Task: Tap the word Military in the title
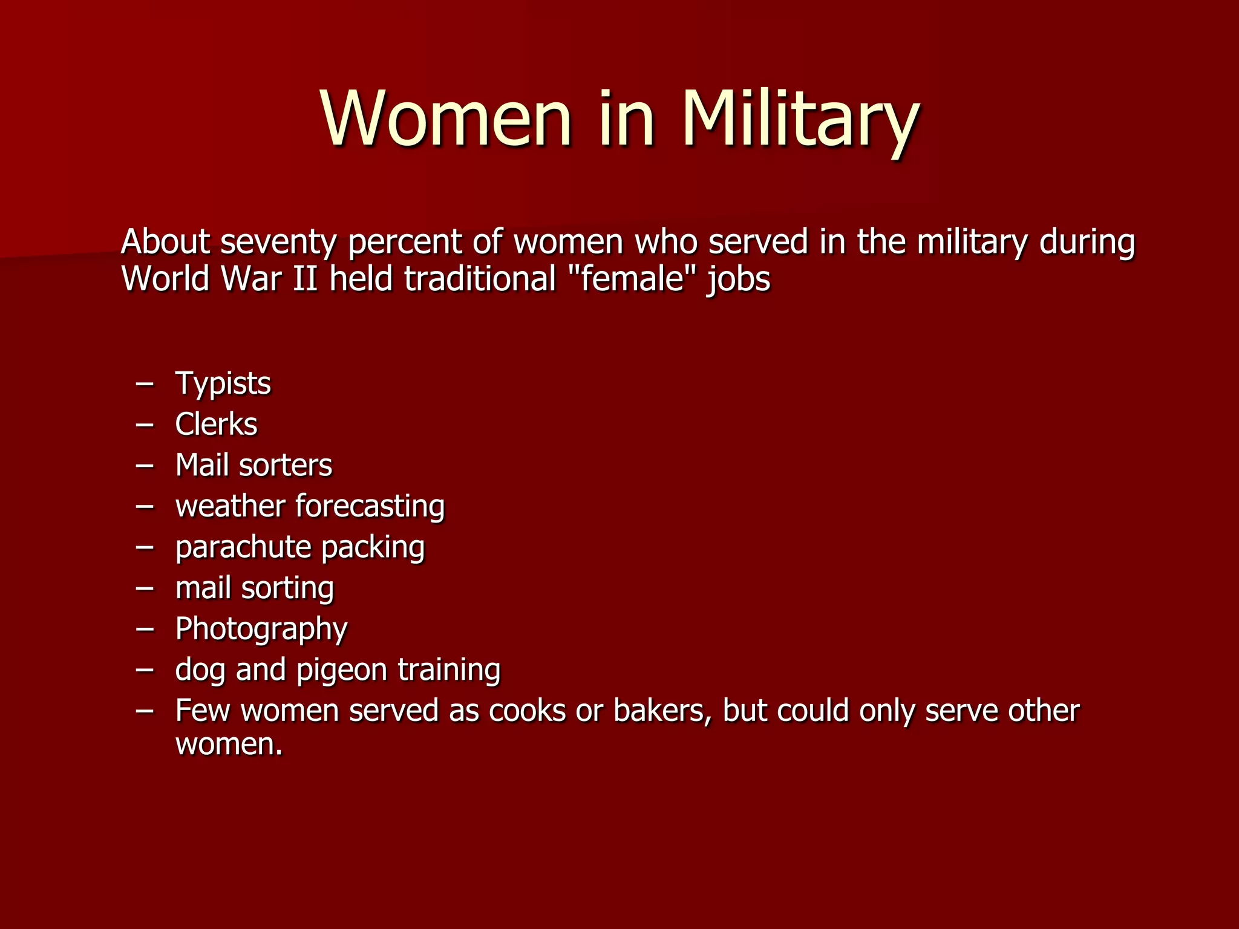[800, 120]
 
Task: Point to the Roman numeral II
[305, 279]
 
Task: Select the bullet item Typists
[223, 384]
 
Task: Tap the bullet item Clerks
[216, 424]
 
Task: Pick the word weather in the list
[230, 506]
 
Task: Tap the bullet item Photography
[261, 630]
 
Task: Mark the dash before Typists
[145, 383]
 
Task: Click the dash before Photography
[145, 628]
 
